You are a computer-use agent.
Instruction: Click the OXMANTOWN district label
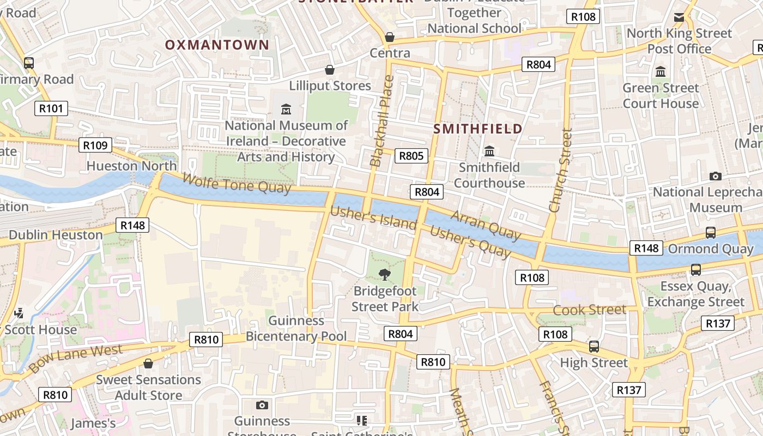217,45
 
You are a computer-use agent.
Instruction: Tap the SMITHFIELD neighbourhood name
478,129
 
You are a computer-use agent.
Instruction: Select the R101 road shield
51,108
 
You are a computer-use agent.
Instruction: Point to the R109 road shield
95,145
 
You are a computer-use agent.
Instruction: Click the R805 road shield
411,156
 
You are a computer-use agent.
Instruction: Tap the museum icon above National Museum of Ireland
286,109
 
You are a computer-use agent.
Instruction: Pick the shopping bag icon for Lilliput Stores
330,70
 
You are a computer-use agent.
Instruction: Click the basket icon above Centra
390,37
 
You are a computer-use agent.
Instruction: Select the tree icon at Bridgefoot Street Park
385,274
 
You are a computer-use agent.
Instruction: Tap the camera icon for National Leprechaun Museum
716,176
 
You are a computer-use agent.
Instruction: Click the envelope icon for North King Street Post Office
679,17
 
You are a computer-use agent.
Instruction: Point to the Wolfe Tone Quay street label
237,183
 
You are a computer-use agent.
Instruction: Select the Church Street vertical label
561,170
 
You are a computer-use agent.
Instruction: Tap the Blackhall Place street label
381,121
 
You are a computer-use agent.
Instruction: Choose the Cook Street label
590,310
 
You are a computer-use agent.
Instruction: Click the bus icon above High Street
594,346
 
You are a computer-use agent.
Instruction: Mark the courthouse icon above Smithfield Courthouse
489,151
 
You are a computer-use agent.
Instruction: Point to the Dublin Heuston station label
56,235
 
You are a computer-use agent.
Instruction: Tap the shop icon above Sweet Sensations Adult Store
148,364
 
